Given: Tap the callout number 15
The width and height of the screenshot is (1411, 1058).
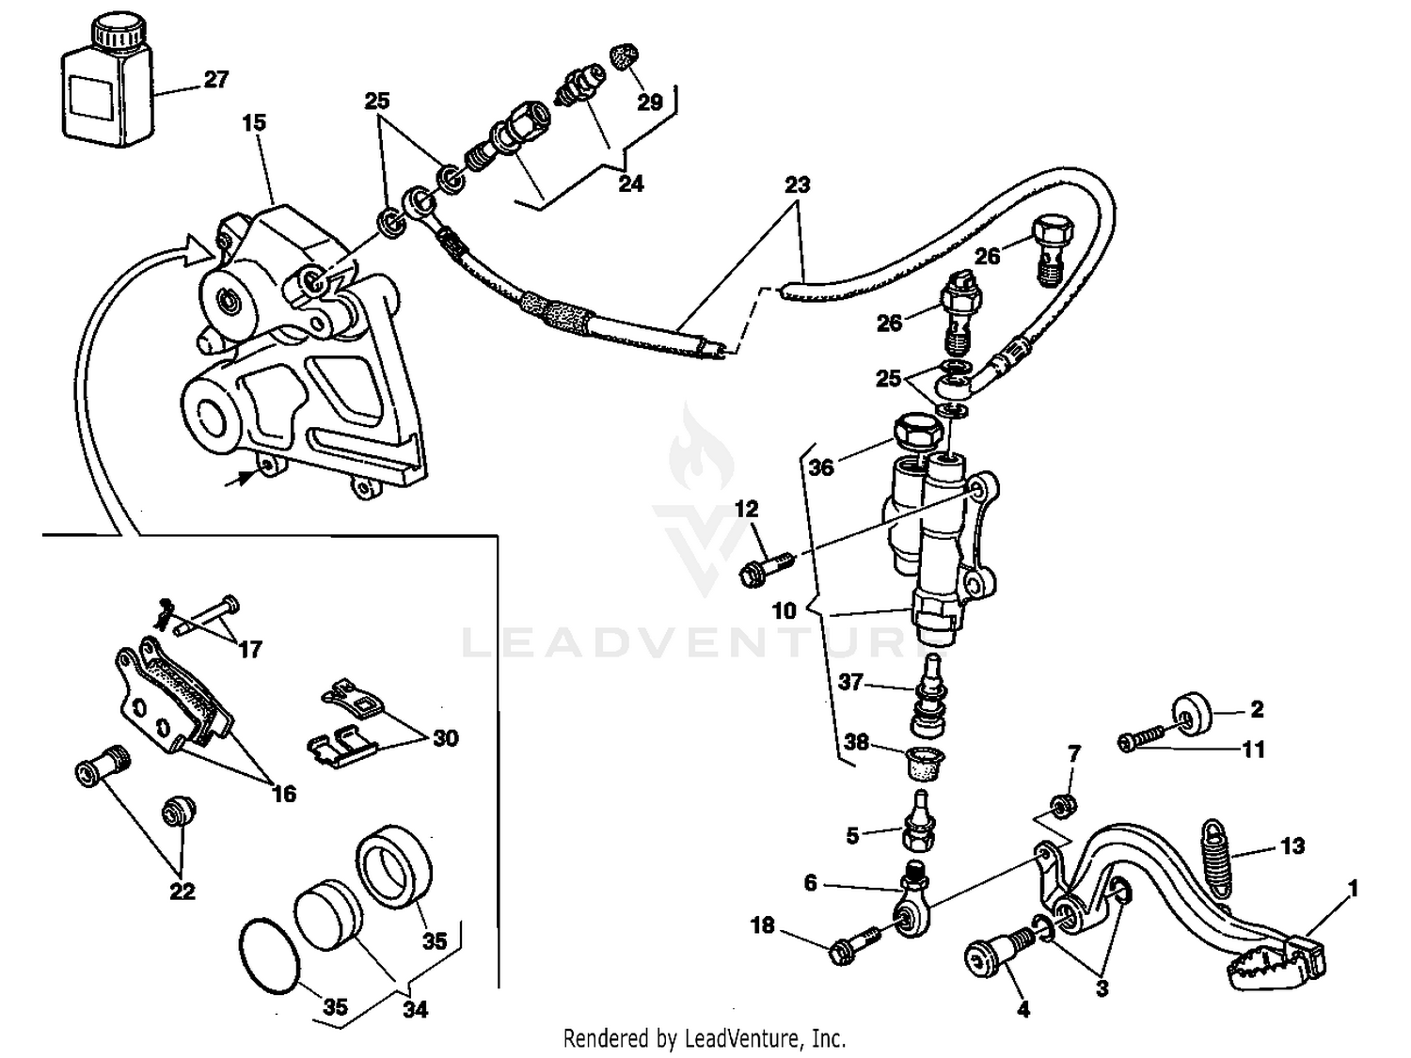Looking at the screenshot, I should point(254,122).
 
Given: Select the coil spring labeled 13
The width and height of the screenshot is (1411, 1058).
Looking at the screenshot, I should point(1218,861).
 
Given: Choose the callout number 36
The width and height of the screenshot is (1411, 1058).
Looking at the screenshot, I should point(821,467).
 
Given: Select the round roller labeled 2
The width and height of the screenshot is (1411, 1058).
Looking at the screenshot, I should point(1193,715).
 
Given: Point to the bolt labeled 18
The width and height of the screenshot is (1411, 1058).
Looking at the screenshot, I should point(853,945).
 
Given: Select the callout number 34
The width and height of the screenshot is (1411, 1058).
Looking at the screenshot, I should point(415,1009).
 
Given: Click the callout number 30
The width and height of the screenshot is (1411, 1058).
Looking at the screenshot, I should point(445,737).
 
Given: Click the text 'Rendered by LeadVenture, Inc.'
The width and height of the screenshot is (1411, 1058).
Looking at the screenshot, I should point(704,1038).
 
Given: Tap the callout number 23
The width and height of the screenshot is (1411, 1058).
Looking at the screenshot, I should point(797,184).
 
